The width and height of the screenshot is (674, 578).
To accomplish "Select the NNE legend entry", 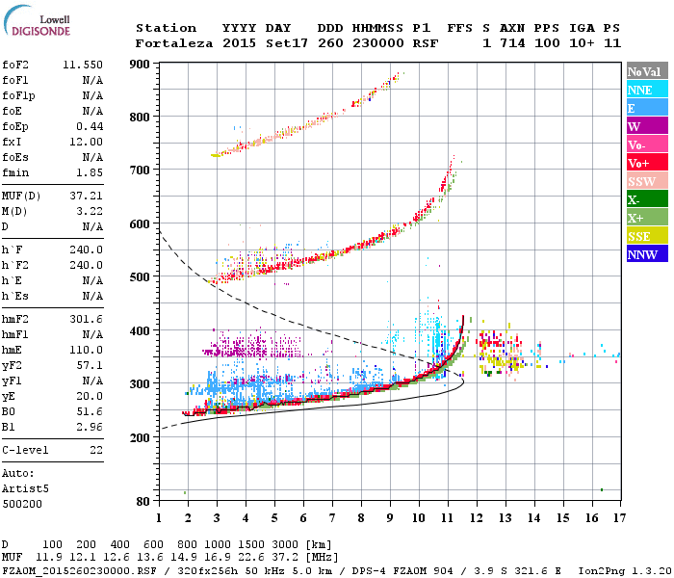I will coord(639,90).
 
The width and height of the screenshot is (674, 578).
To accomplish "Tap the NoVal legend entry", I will coord(643,71).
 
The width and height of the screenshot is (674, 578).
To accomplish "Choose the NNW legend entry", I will coord(642,254).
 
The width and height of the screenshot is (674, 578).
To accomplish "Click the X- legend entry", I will coord(635,199).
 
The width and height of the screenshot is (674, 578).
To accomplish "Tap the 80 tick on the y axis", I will coord(143,501).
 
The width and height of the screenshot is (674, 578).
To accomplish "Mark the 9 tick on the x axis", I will coord(390,518).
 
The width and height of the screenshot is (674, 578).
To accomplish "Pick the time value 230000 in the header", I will coord(379,43).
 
